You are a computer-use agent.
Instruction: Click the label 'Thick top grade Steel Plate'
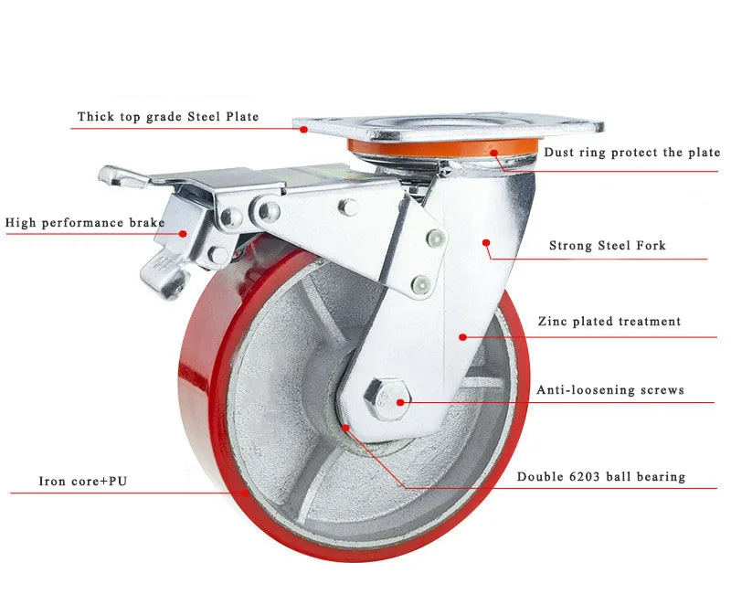pos(168,117)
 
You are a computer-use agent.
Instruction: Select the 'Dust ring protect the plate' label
pos(631,153)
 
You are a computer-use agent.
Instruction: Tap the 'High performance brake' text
pos(85,222)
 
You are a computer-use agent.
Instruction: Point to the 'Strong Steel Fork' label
pos(607,245)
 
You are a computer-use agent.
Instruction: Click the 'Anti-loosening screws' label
pos(609,390)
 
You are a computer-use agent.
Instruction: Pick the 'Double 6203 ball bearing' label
pos(600,477)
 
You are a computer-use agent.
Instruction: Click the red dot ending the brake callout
pos(183,233)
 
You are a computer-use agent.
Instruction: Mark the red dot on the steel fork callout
pos(486,243)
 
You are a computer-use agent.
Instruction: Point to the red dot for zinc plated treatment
pos(462,336)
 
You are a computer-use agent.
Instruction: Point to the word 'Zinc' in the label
pos(556,322)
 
